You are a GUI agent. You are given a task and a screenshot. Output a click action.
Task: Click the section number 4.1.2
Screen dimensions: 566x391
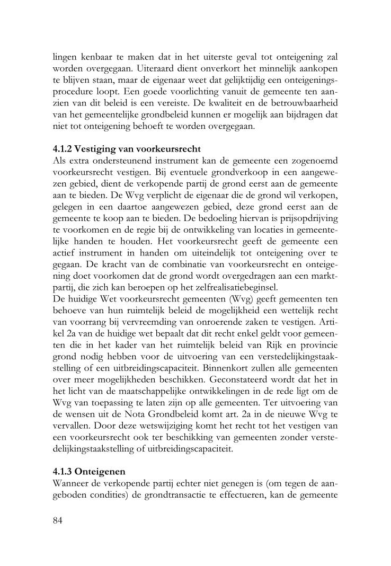tap(64, 148)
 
